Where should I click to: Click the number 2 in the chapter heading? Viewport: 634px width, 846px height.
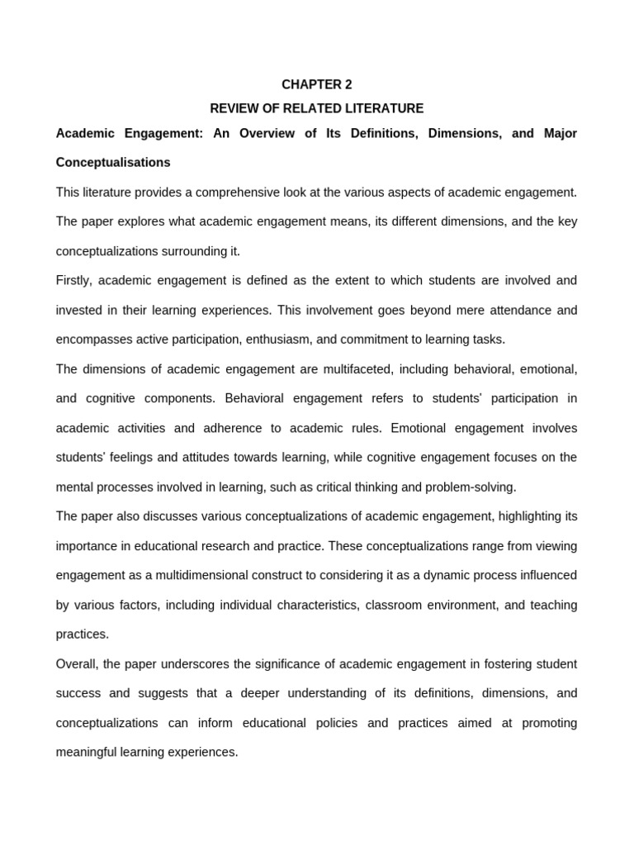(348, 84)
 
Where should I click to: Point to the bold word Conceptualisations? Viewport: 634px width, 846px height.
(113, 162)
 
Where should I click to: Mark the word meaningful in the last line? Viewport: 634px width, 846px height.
(89, 753)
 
